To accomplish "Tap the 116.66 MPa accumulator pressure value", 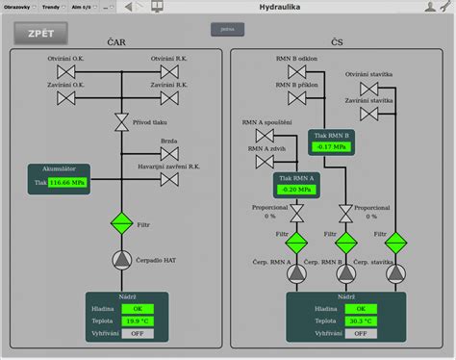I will pyautogui.click(x=67, y=181).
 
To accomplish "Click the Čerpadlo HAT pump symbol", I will pyautogui.click(x=121, y=259).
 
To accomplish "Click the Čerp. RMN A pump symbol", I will pyautogui.click(x=296, y=273).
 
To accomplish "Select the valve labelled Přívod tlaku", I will pyautogui.click(x=121, y=120).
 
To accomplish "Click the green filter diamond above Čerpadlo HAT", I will pyautogui.click(x=121, y=224).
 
